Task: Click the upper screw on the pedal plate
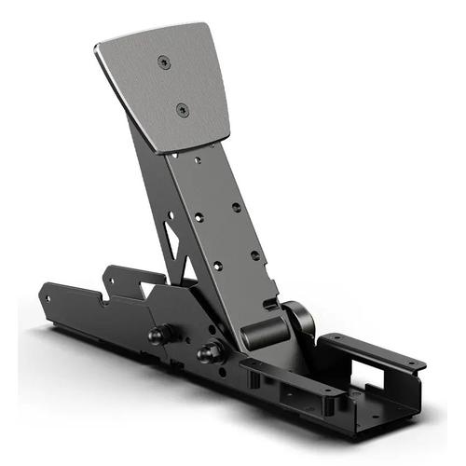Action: (x=165, y=62)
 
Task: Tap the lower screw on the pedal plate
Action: (x=182, y=109)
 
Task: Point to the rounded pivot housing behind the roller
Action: (x=297, y=322)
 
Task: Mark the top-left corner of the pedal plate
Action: (x=98, y=43)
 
